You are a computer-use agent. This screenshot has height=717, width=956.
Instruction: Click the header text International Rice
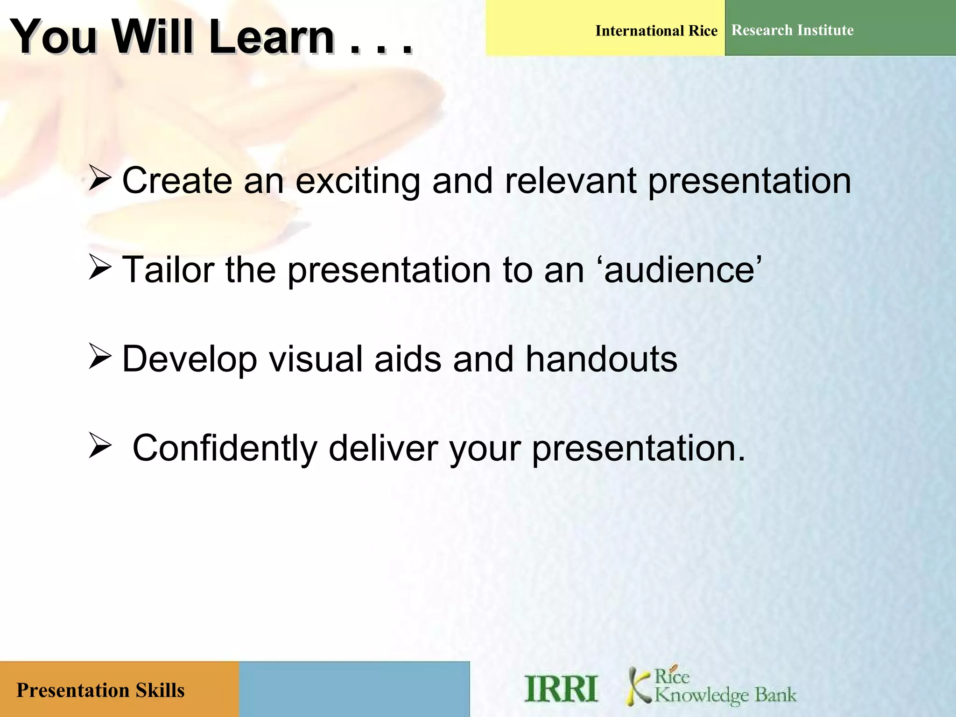(656, 31)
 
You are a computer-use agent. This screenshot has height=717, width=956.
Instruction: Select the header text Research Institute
(792, 30)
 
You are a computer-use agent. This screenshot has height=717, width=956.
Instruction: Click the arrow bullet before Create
(99, 180)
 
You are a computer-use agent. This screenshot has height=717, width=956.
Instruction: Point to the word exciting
(358, 181)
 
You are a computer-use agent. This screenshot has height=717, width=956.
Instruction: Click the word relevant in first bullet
(570, 181)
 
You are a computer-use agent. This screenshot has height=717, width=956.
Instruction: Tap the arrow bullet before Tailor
(99, 269)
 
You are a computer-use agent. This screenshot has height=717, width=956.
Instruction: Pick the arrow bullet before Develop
(99, 358)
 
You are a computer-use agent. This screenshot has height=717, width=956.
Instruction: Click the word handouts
(601, 359)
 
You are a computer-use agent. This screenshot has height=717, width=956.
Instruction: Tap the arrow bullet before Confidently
(99, 446)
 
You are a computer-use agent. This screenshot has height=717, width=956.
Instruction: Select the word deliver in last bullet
(383, 448)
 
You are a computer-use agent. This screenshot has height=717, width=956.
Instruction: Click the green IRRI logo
(561, 689)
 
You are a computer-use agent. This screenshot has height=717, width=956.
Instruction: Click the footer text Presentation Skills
(100, 690)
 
